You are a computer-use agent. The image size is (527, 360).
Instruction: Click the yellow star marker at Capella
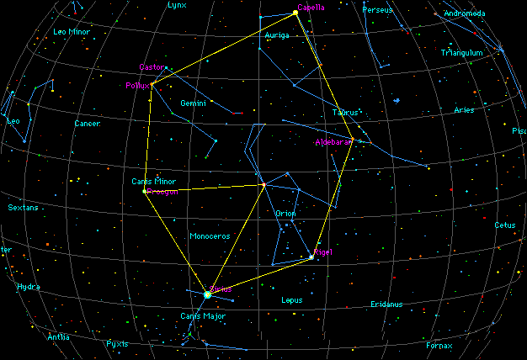pos(295,13)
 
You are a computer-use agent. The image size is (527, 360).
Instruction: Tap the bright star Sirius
pos(207,294)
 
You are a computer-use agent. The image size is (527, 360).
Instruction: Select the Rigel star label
pos(323,252)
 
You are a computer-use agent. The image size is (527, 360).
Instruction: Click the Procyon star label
pos(162,192)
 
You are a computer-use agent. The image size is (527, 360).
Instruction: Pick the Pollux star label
pos(137,85)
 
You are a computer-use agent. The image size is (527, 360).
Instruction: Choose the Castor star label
pos(152,66)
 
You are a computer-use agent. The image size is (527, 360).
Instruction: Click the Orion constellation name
pos(285,214)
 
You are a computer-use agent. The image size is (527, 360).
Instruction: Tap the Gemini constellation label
pos(194,103)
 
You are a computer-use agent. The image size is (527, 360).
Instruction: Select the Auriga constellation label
pos(277,36)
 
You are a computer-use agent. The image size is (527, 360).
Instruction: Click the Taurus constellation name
pos(345,112)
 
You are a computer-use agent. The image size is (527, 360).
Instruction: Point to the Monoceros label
pos(210,236)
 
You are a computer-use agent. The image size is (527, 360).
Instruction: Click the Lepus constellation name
pos(291,299)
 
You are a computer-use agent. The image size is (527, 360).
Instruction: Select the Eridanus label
pos(386,304)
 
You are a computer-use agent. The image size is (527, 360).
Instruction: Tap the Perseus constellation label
pos(377,10)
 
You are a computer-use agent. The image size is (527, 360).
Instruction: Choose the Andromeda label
pos(464,14)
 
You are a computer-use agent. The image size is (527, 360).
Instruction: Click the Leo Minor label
pos(72,32)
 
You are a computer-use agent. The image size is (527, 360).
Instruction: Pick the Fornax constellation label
pos(439,345)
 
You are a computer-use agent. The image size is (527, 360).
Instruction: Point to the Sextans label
pos(23,208)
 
